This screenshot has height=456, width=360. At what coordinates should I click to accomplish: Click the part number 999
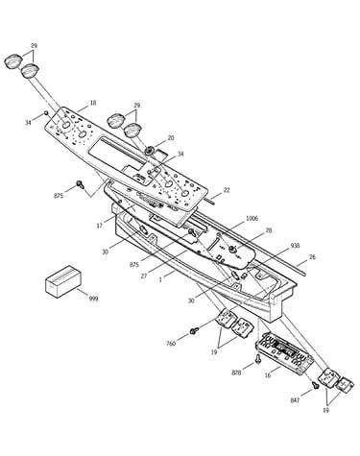(93, 299)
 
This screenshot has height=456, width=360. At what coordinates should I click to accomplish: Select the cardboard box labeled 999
(63, 281)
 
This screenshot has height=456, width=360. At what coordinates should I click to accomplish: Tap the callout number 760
(171, 344)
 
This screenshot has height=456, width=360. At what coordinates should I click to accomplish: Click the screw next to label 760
(194, 330)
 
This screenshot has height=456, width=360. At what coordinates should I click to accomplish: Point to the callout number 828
(237, 372)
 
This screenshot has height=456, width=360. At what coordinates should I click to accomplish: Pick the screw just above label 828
(258, 359)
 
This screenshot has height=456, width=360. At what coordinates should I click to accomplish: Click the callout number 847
(295, 400)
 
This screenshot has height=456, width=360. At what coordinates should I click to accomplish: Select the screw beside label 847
(315, 386)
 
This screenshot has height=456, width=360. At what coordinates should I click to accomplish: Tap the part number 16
(268, 375)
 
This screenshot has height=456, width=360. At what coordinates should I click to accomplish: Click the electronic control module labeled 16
(284, 353)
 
